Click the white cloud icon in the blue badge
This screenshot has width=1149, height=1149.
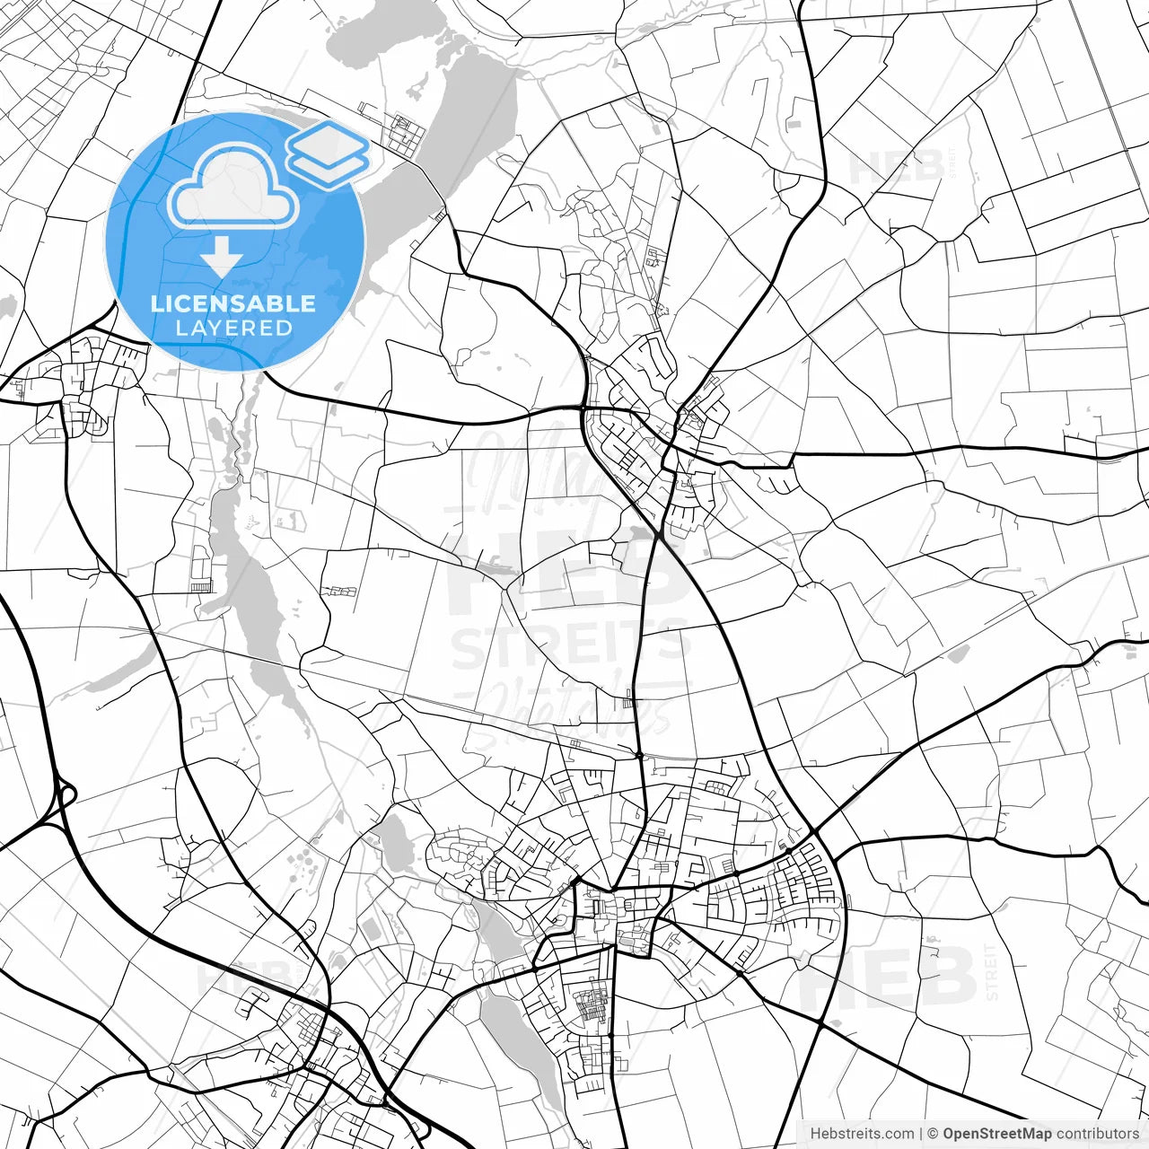click(233, 190)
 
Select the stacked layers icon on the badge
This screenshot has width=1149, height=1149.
click(329, 154)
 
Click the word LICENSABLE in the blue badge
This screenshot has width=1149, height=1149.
click(233, 303)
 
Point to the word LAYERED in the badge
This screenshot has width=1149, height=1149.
click(233, 329)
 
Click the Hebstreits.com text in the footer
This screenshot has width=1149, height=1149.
click(862, 1134)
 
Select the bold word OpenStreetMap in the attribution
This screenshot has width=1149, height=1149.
click(996, 1134)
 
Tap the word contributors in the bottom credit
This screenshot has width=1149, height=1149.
click(1097, 1134)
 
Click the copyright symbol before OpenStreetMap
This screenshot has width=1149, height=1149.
click(934, 1134)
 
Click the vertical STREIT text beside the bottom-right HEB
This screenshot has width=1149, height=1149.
click(991, 971)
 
